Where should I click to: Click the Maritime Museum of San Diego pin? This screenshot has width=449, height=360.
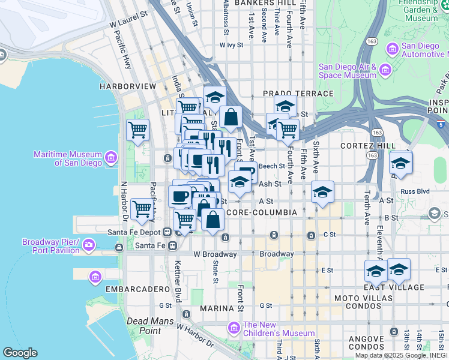click(111, 158)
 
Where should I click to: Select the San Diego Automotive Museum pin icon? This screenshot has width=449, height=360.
click(393, 48)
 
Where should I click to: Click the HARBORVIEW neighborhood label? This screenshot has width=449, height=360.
click(128, 86)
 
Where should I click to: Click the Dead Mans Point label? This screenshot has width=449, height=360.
click(145, 325)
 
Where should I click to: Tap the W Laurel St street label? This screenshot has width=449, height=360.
click(128, 19)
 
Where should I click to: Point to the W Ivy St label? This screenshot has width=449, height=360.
click(231, 44)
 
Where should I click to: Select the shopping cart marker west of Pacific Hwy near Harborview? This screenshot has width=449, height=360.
click(137, 129)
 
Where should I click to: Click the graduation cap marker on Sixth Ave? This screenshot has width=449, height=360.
click(322, 192)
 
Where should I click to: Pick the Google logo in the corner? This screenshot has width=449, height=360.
click(20, 353)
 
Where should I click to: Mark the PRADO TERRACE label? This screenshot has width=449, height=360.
click(298, 94)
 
